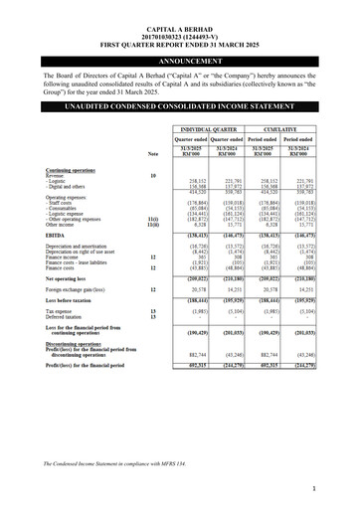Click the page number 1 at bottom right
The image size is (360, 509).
[x=339, y=488]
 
